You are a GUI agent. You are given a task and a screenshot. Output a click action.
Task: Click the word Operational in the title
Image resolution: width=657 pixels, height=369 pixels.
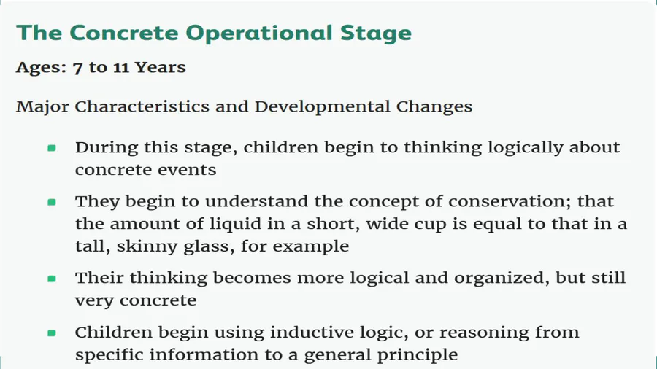[x=259, y=34]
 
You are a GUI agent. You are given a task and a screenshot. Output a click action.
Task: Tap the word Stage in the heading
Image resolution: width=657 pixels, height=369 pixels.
[x=376, y=34]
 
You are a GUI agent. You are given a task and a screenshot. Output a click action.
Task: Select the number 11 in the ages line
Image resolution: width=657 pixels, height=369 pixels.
[x=120, y=68]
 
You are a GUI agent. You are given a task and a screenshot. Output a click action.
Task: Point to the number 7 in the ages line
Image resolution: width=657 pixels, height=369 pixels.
[x=77, y=69]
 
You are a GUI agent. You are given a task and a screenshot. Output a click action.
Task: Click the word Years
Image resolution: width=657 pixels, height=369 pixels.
[x=160, y=67]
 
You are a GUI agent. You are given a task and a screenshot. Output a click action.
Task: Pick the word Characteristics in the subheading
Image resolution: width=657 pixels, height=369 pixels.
[x=142, y=106]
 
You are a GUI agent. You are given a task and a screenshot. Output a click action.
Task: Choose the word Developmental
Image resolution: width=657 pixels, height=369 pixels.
[x=323, y=106]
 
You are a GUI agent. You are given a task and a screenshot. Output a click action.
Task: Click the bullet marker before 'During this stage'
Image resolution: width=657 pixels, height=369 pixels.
[x=52, y=148]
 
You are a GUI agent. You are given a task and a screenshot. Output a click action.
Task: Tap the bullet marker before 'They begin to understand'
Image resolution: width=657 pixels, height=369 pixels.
[x=52, y=202]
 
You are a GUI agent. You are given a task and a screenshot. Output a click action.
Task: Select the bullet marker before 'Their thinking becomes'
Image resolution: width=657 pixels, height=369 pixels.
[x=52, y=279]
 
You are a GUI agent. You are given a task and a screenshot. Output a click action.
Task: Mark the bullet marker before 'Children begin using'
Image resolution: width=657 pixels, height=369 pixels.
[x=52, y=333]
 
